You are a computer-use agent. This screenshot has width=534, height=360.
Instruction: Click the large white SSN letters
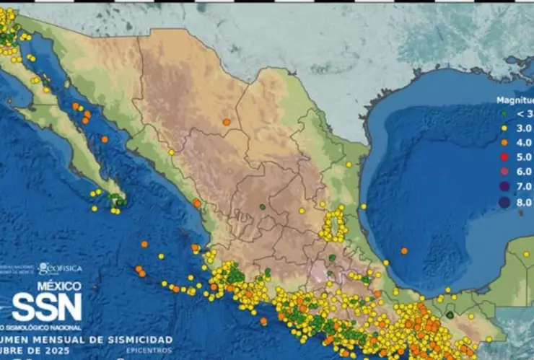point(46,308)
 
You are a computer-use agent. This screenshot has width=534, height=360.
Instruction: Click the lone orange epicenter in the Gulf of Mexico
point(403,251)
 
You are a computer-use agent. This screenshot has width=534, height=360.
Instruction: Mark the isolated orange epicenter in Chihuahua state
point(227,122)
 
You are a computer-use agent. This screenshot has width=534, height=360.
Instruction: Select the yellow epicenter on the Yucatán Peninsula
point(526,254)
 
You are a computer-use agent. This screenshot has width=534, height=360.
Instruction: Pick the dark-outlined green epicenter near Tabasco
point(450,315)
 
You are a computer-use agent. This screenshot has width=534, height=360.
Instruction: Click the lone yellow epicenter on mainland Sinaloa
point(172,152)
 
